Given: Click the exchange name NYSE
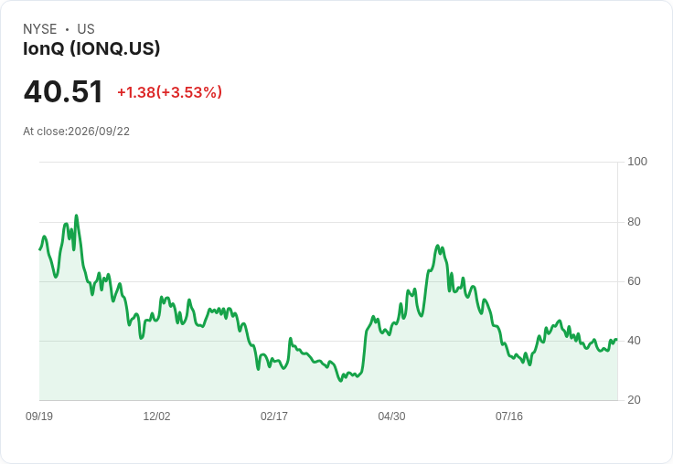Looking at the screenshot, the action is (40, 29).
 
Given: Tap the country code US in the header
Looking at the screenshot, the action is (86, 29).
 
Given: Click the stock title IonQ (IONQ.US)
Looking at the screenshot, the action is (91, 48).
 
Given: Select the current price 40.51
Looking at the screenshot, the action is (63, 91).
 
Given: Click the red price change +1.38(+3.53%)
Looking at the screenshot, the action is (169, 92).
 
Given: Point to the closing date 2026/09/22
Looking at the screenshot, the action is (99, 132).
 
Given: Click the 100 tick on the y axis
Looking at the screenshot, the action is (637, 162).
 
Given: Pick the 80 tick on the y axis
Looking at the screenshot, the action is (634, 222).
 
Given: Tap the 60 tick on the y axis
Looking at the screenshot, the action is (634, 281).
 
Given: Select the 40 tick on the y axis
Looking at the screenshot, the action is (634, 341).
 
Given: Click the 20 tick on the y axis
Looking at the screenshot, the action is (634, 400).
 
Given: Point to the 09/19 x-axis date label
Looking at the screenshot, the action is (39, 417).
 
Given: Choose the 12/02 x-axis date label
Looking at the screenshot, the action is (156, 417).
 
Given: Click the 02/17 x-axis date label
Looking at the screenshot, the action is (273, 417).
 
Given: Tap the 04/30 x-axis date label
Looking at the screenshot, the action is (391, 417).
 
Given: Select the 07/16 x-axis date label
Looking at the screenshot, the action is (509, 417).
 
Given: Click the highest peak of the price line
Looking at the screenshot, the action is (77, 216).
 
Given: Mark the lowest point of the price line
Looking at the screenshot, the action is (341, 380).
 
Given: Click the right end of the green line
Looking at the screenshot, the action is (617, 340).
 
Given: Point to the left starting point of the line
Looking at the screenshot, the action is (39, 249).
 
